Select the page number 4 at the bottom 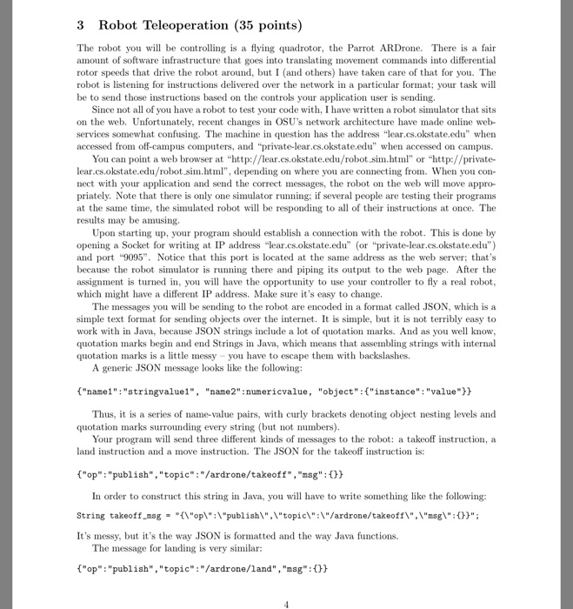(x=286, y=603)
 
